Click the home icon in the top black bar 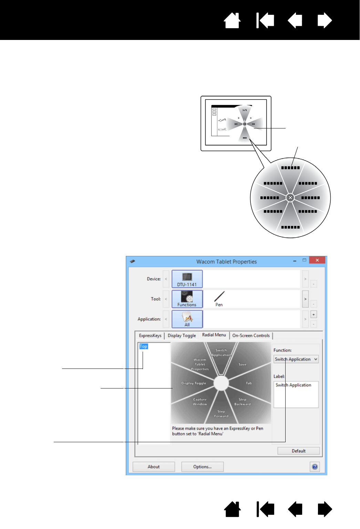click(232, 21)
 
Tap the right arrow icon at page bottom click(325, 509)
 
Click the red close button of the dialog click(317, 260)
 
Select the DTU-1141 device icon click(187, 279)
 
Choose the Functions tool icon click(187, 299)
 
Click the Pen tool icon click(219, 299)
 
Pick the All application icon click(187, 319)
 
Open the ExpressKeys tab click(150, 335)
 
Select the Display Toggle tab click(182, 335)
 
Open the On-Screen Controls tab click(251, 335)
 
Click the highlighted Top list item click(143, 346)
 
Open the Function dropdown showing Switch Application click(296, 359)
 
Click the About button click(154, 467)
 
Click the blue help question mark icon click(315, 467)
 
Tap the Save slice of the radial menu click(243, 364)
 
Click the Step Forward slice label click(221, 414)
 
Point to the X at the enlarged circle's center click(290, 198)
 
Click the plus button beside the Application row click(313, 314)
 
